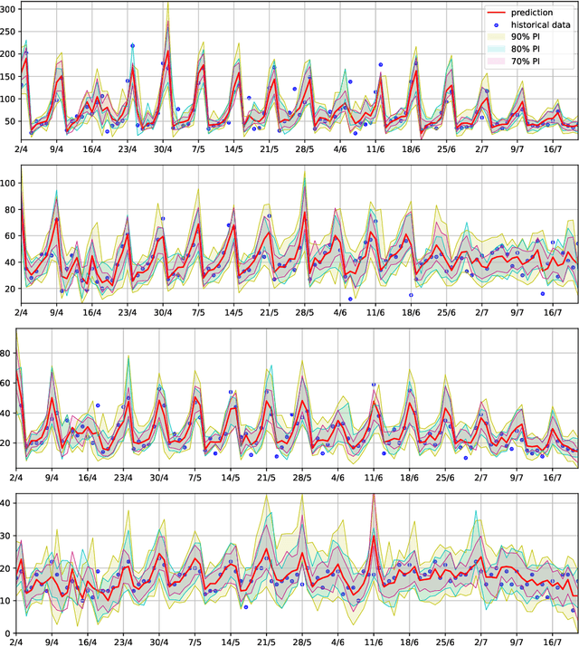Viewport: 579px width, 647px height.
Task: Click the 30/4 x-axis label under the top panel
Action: tap(163, 148)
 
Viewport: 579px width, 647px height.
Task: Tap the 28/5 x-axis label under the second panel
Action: tap(304, 312)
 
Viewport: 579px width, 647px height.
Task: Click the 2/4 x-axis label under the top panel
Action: tap(22, 148)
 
